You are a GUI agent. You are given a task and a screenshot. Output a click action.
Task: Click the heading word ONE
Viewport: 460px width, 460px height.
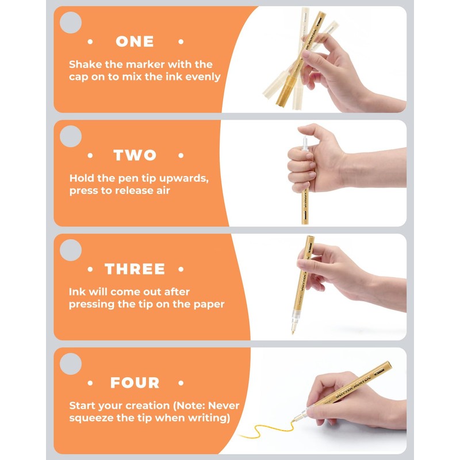click(135, 41)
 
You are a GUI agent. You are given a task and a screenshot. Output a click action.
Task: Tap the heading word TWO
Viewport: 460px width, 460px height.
click(135, 155)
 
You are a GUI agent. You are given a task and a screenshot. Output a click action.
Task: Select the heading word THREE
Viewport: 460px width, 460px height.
click(135, 269)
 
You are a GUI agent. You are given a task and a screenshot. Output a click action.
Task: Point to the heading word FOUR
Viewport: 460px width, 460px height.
click(135, 383)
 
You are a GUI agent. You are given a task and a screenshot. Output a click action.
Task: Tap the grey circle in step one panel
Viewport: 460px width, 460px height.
click(71, 22)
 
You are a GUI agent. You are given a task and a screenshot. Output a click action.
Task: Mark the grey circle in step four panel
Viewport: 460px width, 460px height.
click(71, 364)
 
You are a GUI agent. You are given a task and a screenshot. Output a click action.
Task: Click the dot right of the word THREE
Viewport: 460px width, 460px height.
click(181, 269)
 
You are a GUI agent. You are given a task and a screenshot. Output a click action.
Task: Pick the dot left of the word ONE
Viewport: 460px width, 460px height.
click(90, 41)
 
